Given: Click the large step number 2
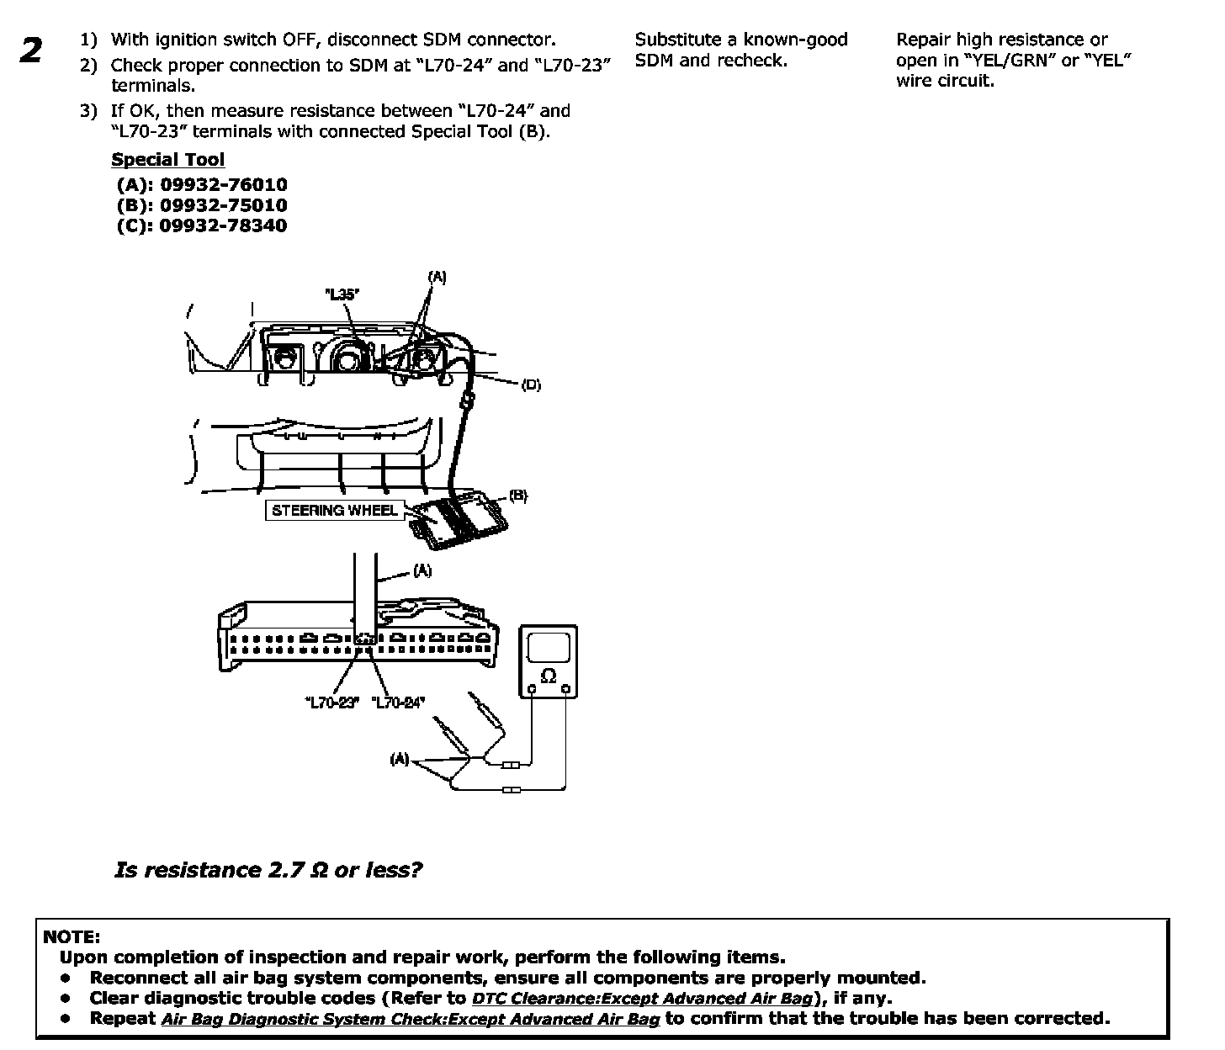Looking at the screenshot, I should tap(31, 51).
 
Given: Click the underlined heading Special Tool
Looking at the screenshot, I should tap(167, 160).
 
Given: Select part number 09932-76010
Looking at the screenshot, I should tap(223, 185).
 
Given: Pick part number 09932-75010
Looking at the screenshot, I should tap(223, 205).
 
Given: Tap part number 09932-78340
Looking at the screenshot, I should tap(223, 225).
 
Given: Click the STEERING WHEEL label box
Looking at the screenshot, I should tap(335, 510).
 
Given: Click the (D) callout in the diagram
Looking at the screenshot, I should tap(531, 385).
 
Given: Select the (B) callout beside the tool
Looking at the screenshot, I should tap(518, 496).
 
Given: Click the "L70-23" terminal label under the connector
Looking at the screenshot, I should tap(331, 703).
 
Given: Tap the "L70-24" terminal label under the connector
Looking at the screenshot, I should tap(398, 703).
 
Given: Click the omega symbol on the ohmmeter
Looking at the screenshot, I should tap(549, 676).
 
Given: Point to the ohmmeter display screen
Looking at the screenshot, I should tap(549, 647).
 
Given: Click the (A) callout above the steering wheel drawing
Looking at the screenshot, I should tap(437, 276).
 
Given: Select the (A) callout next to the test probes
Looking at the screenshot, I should tap(399, 760).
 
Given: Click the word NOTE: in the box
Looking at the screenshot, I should tap(72, 936).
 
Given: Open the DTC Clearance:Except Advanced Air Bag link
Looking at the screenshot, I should tap(643, 999).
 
